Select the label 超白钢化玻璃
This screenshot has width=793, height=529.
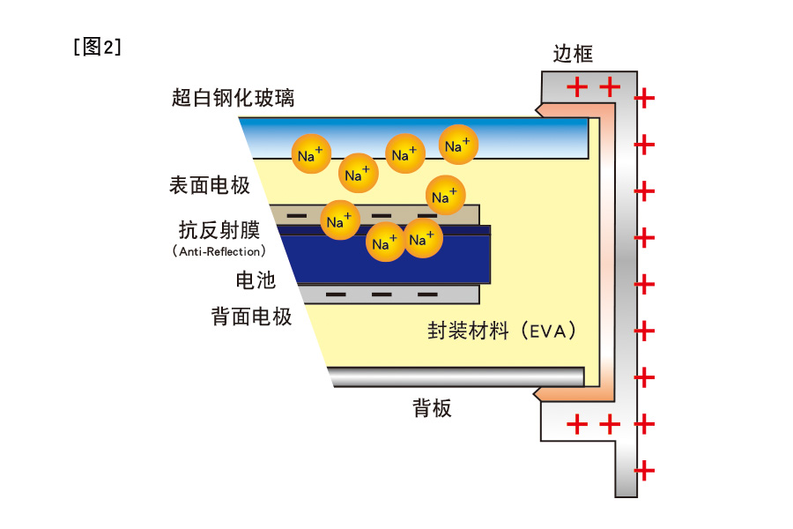coord(233,98)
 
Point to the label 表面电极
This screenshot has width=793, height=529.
coord(210,185)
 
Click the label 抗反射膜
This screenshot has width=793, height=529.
coord(219,231)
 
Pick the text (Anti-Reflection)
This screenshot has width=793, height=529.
coord(219,252)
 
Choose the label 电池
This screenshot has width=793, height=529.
coord(256,281)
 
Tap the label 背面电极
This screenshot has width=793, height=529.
coord(251,317)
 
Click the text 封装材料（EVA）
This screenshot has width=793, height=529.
coord(503,332)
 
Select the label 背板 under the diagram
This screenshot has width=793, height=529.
coord(432,408)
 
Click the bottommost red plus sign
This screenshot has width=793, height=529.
coord(645,470)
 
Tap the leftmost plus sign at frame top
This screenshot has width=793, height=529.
coord(576,86)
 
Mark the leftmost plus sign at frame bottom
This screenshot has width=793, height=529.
coord(576,424)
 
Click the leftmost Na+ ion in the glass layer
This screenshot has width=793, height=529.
coord(311,153)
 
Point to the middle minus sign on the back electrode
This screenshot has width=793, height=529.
coord(382,294)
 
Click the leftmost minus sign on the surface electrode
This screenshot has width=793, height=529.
coord(297,215)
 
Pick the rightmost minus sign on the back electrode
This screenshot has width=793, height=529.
coord(427,294)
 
